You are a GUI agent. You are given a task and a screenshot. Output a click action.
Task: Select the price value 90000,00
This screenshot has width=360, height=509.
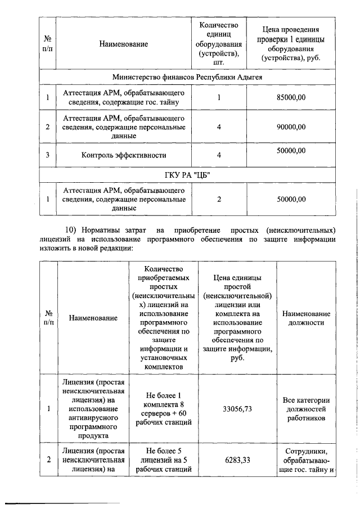point(291,127)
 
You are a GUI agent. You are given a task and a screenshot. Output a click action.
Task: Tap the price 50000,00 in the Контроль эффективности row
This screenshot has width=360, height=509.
point(291,150)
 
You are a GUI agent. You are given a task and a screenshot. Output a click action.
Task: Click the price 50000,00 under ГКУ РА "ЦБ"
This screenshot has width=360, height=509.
point(291,199)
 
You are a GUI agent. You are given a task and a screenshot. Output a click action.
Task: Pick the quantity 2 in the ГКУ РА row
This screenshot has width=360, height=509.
point(219,199)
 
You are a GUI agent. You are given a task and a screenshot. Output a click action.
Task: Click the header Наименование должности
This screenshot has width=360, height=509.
point(306,318)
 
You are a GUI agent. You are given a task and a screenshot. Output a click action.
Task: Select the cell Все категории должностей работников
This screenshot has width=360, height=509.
point(306,409)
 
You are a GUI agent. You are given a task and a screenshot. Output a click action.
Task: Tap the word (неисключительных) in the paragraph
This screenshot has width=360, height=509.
point(304,231)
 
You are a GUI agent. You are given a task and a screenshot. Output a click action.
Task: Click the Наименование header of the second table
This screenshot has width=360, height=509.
point(93,318)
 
